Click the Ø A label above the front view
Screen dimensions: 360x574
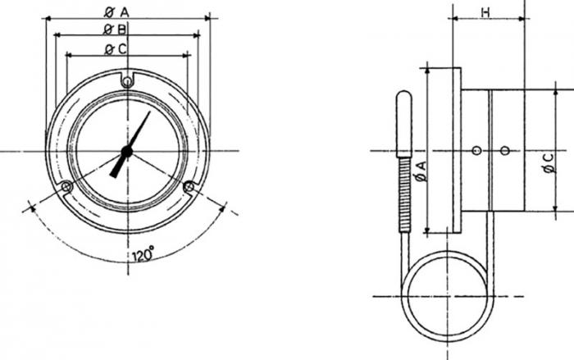(x=118, y=11)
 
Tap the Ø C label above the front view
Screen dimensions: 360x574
(x=116, y=49)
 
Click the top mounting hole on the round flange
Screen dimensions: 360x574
(x=126, y=81)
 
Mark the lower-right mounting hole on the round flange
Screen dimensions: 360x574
(x=189, y=187)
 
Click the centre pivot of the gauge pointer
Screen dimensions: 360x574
(x=126, y=151)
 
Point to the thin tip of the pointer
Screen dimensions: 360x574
(x=149, y=112)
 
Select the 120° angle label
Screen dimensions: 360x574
(x=143, y=256)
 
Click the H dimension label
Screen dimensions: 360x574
(x=485, y=11)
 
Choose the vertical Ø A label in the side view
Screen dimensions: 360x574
(x=421, y=171)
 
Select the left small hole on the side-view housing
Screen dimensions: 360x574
(x=476, y=150)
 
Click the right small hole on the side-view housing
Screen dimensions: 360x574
(x=504, y=150)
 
